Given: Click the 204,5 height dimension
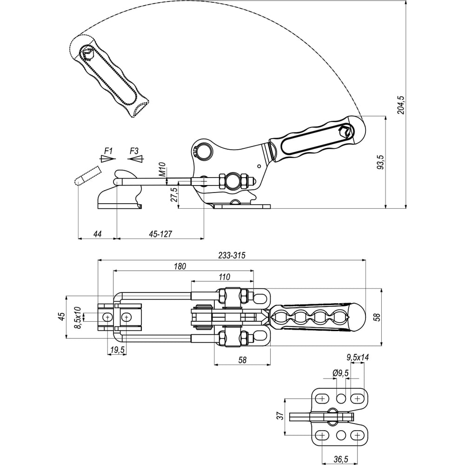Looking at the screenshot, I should click(401, 105).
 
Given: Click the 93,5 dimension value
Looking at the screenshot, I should click(380, 163).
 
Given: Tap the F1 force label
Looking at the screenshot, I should click(108, 151).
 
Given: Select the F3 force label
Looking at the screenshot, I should click(134, 151).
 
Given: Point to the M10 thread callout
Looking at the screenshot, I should click(162, 170).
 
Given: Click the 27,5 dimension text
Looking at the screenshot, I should click(174, 194).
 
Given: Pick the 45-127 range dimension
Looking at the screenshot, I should click(160, 234).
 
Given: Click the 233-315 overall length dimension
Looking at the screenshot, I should click(231, 255).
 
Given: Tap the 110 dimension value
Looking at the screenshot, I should click(224, 277).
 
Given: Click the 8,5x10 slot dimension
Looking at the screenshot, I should click(78, 318).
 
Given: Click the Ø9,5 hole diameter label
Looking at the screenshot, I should click(341, 373).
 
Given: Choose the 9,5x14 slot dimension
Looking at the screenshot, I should click(358, 358).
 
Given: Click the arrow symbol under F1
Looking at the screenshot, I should click(107, 159).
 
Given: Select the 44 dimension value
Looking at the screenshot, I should click(97, 234).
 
